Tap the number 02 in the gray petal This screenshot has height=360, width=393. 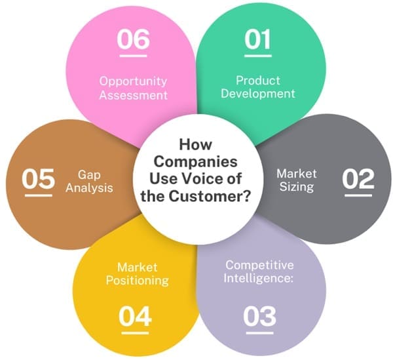pos(358,179)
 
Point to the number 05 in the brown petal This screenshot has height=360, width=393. pos(38,180)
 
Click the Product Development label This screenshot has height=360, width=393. pos(257,87)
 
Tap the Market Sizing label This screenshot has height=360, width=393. pos(297,180)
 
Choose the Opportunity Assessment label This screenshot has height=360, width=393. pos(134,88)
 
